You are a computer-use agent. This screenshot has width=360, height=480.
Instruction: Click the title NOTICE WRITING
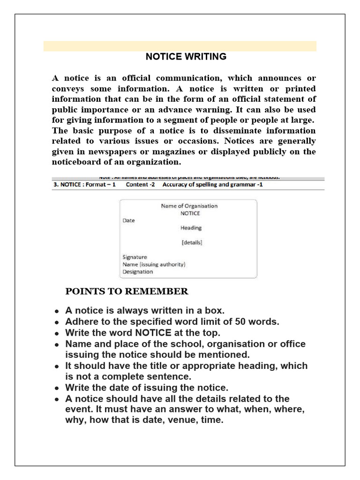186,57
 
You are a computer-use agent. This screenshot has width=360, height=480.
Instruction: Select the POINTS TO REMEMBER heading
127,292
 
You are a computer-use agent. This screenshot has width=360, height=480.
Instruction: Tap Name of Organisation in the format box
189,206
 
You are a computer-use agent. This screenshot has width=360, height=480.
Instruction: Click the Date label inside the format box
128,220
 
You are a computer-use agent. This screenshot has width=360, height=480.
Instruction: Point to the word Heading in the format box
191,228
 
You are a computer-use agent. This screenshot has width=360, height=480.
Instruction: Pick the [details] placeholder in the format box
191,243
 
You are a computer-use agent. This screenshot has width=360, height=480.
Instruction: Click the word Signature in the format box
135,257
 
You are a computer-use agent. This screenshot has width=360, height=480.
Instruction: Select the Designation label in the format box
137,271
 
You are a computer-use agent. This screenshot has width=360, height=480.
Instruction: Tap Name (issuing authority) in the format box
154,264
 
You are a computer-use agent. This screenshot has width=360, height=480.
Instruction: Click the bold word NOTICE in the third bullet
153,333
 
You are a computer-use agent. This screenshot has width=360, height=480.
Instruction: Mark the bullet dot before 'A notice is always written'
56,311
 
